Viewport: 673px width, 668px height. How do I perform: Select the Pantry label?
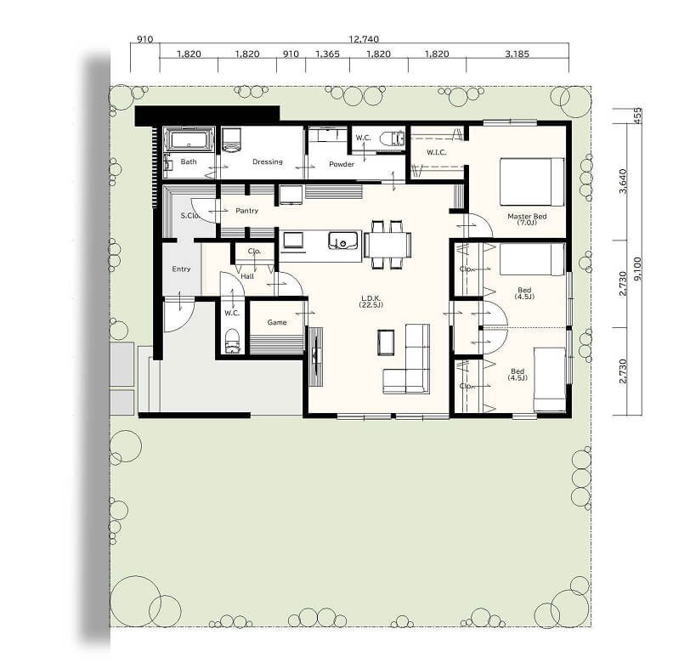(246, 211)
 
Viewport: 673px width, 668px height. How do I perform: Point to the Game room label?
(277, 322)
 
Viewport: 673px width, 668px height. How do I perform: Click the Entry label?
(181, 269)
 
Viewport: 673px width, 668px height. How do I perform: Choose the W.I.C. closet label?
(437, 152)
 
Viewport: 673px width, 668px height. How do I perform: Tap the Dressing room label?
(268, 161)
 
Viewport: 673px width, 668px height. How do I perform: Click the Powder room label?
(342, 164)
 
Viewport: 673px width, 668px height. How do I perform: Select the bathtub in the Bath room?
(189, 139)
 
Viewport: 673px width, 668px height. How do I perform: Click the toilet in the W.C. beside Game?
(232, 341)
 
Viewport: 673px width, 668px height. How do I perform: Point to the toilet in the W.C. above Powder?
(392, 139)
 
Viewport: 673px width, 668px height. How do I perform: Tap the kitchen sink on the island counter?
(343, 241)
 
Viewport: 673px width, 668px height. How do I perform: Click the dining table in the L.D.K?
(387, 245)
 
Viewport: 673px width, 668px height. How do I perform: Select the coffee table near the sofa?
(386, 342)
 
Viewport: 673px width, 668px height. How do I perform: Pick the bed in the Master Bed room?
(532, 182)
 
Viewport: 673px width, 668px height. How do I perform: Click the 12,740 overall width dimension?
(364, 39)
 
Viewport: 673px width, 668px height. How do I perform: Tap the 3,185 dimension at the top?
(517, 54)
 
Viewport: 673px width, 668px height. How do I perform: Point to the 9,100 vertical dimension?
(637, 269)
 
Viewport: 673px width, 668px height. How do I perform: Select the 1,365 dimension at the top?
(327, 54)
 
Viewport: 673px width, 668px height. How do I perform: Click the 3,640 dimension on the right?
(623, 182)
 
